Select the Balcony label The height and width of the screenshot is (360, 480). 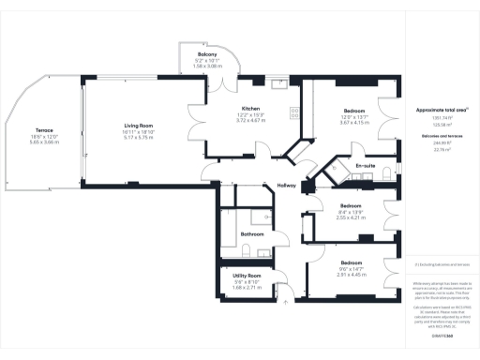pyautogui.click(x=207, y=55)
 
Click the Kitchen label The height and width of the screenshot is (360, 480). pyautogui.click(x=250, y=108)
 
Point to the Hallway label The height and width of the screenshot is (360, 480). pyautogui.click(x=286, y=186)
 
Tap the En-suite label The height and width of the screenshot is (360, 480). pyautogui.click(x=365, y=165)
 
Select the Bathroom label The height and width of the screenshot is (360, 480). pyautogui.click(x=252, y=233)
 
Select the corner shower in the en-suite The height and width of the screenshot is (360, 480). pyautogui.click(x=335, y=171)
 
